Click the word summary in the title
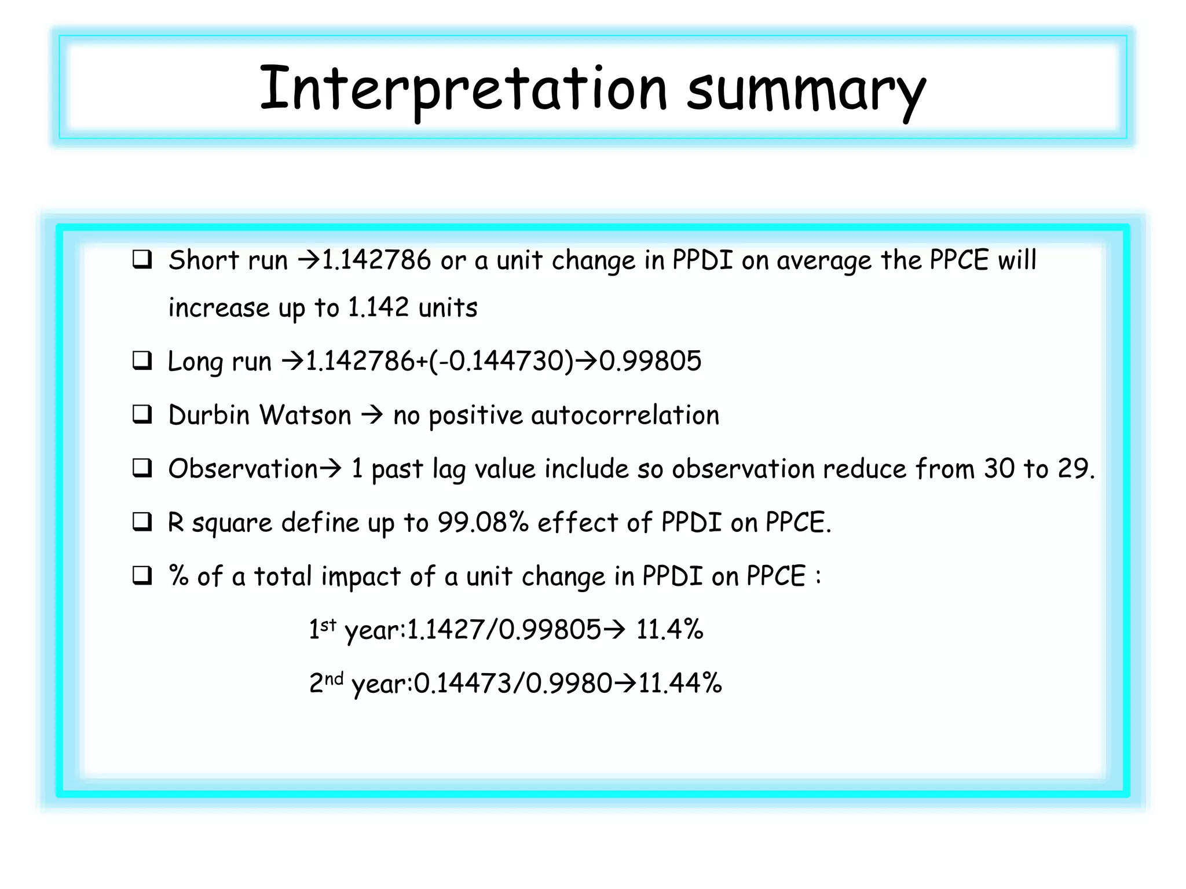point(806,91)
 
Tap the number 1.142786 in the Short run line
point(376,260)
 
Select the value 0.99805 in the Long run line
point(650,361)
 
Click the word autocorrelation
point(625,416)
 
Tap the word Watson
point(305,415)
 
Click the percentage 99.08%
point(483,522)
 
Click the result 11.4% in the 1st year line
point(669,629)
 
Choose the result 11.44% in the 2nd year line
point(680,683)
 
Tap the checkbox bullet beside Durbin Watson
point(142,415)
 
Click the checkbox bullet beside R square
point(142,522)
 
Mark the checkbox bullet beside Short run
point(142,260)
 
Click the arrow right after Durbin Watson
point(372,415)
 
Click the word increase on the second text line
point(218,307)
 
